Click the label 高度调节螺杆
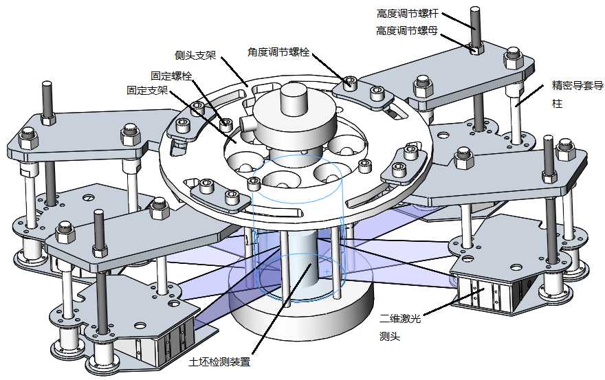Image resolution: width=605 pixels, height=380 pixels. click(x=407, y=13)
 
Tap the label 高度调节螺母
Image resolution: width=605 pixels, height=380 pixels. click(x=407, y=31)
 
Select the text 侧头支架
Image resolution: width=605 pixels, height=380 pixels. click(x=195, y=55)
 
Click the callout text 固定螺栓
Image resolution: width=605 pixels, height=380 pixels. click(x=171, y=76)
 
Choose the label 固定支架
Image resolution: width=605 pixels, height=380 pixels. click(x=147, y=90)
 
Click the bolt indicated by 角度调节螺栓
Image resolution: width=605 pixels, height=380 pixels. click(x=351, y=84)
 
